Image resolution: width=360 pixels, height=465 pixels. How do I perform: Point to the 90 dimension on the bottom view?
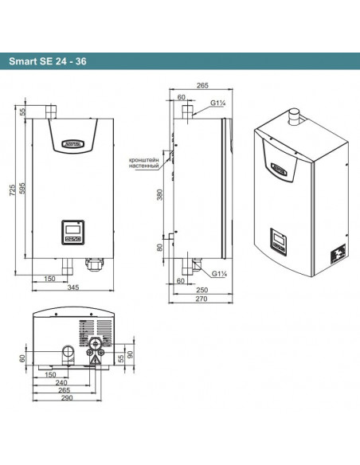131,352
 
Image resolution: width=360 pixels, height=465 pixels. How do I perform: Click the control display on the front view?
70,233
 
